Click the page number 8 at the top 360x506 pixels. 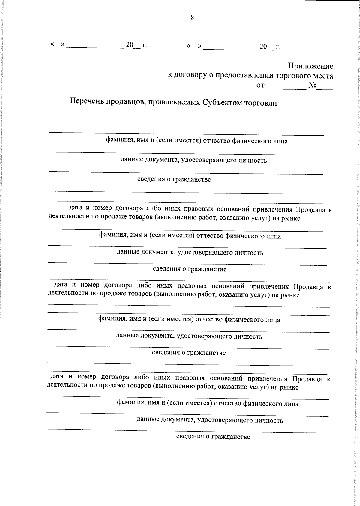(192, 18)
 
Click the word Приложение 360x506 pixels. (310, 66)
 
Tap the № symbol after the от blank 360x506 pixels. (313, 86)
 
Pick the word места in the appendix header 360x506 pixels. (322, 76)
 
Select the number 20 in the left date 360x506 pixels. (129, 45)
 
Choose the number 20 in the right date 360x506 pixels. (263, 47)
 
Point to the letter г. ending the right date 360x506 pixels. (278, 47)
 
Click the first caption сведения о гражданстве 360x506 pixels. (174, 179)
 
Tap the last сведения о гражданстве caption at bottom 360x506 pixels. (213, 437)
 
